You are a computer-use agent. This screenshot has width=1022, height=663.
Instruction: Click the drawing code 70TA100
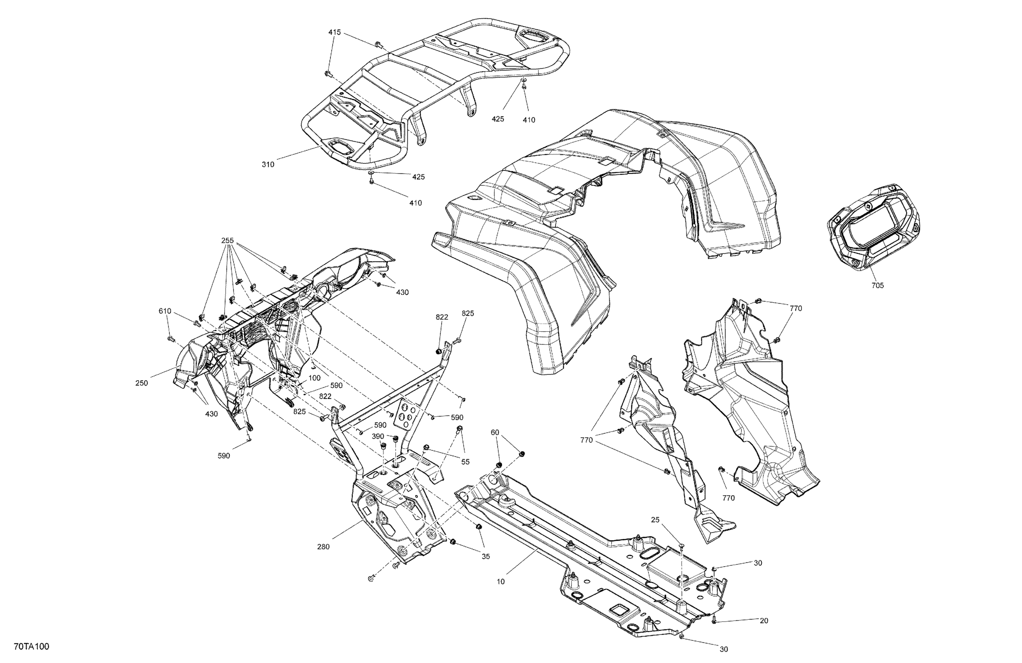coord(31,647)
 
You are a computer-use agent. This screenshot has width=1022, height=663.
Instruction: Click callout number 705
coord(878,285)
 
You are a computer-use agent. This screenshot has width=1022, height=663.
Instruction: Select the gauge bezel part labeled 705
coord(874,230)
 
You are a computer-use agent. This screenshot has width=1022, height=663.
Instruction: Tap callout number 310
coord(268,164)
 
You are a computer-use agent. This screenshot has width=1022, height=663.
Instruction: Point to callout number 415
coord(335,32)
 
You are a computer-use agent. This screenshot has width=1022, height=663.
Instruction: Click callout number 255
coord(228,241)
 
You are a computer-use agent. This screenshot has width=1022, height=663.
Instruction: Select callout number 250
coord(142,383)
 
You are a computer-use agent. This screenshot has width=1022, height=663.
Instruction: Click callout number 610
coord(165,311)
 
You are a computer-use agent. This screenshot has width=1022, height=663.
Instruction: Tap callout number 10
coord(501,582)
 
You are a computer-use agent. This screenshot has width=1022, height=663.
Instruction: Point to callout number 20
coord(764,620)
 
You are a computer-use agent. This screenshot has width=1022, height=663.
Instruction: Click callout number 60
coord(495,432)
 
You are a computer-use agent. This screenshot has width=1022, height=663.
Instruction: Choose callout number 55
coord(465,462)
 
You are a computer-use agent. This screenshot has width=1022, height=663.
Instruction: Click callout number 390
coord(378,436)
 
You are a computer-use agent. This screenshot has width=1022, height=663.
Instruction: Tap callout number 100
coord(314,378)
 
